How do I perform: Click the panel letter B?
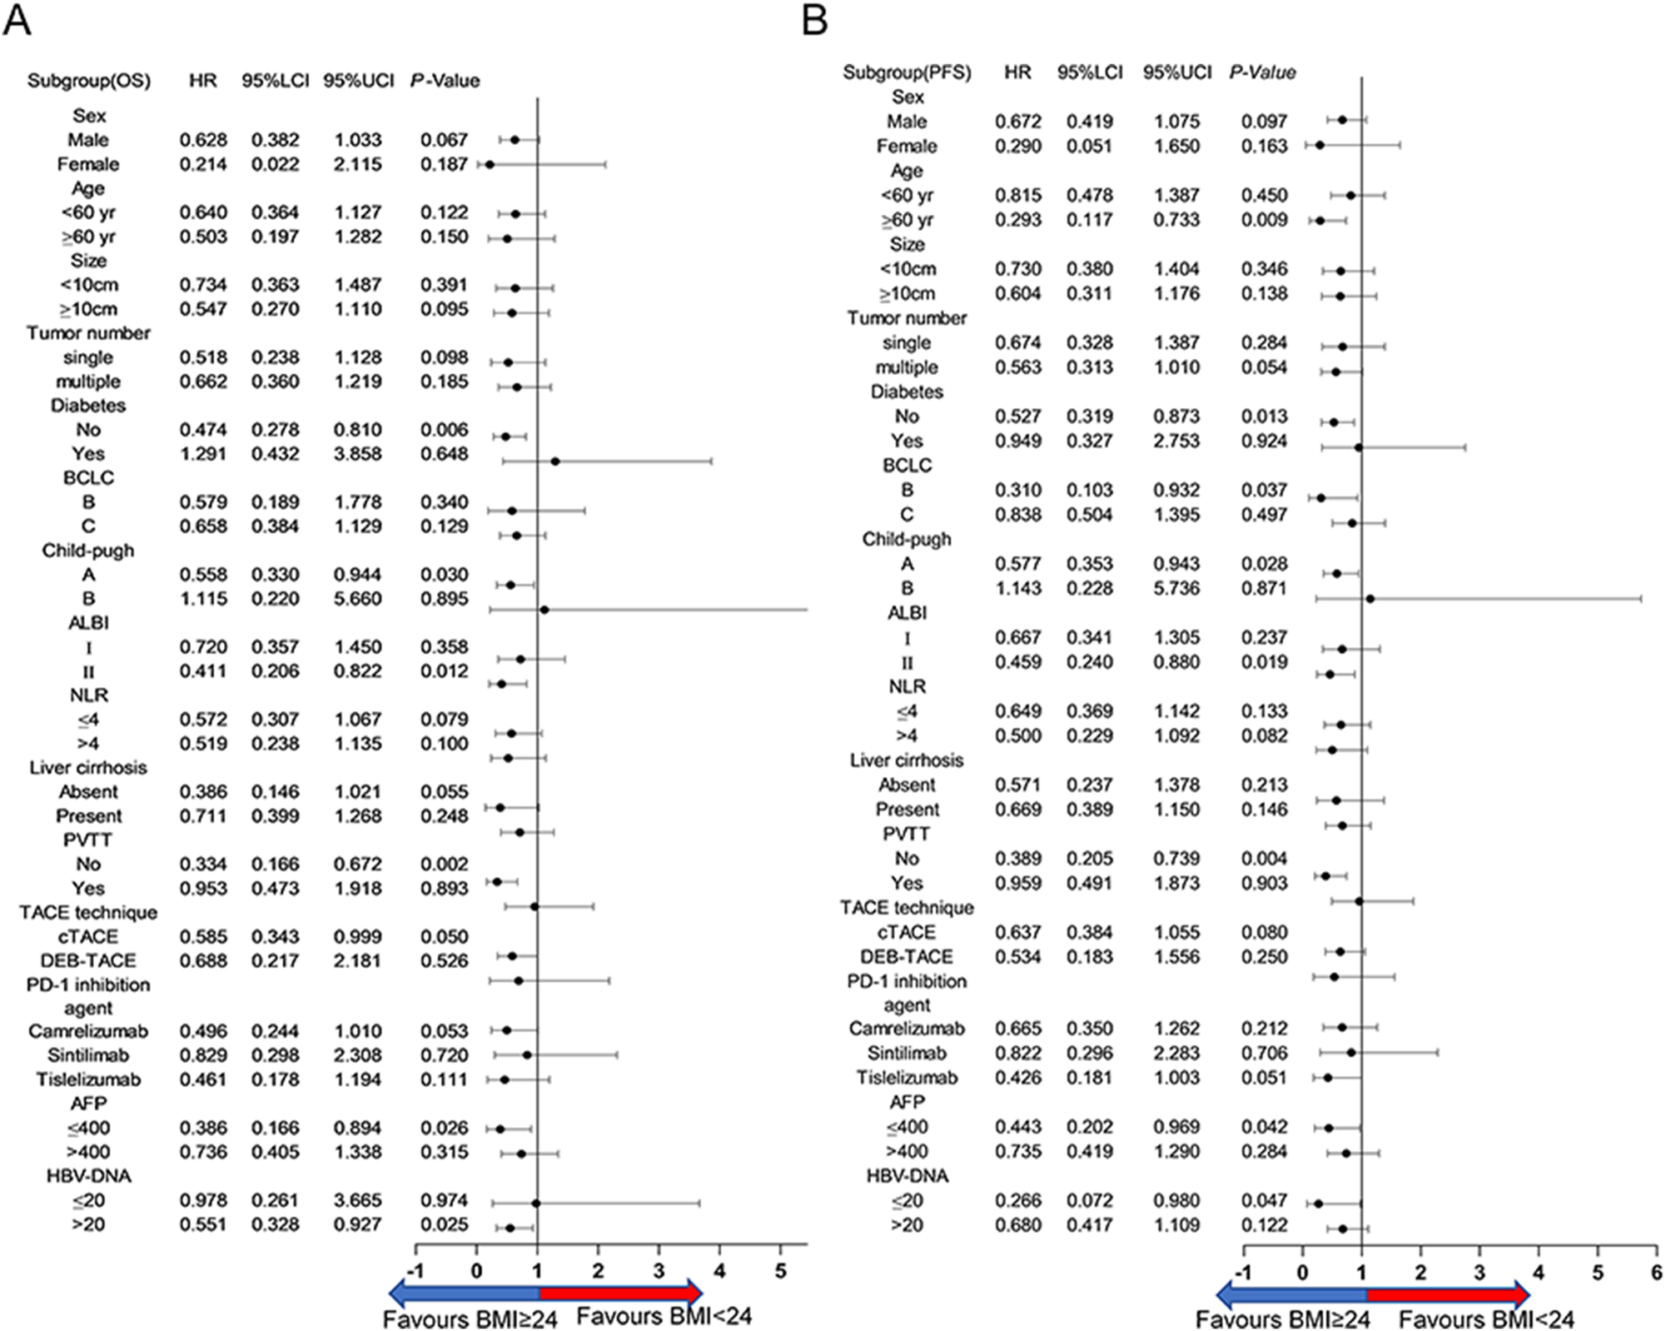point(815,20)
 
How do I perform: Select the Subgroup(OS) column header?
point(89,81)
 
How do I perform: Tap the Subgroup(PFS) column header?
point(907,72)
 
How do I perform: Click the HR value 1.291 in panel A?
point(203,454)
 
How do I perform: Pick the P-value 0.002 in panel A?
point(444,865)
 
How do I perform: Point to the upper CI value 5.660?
point(357,599)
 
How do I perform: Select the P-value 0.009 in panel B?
point(1264,220)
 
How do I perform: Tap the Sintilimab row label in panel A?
point(88,1055)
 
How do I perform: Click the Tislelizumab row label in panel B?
point(907,1078)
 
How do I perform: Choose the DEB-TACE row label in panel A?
point(88,960)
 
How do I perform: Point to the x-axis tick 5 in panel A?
point(780,1272)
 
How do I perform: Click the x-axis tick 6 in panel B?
point(1656,1273)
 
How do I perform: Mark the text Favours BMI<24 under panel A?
point(664,1317)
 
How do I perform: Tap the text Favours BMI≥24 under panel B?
point(1282,1319)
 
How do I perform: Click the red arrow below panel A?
point(620,1294)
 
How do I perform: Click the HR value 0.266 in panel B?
point(1017,1201)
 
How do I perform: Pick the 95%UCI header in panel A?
point(358,81)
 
